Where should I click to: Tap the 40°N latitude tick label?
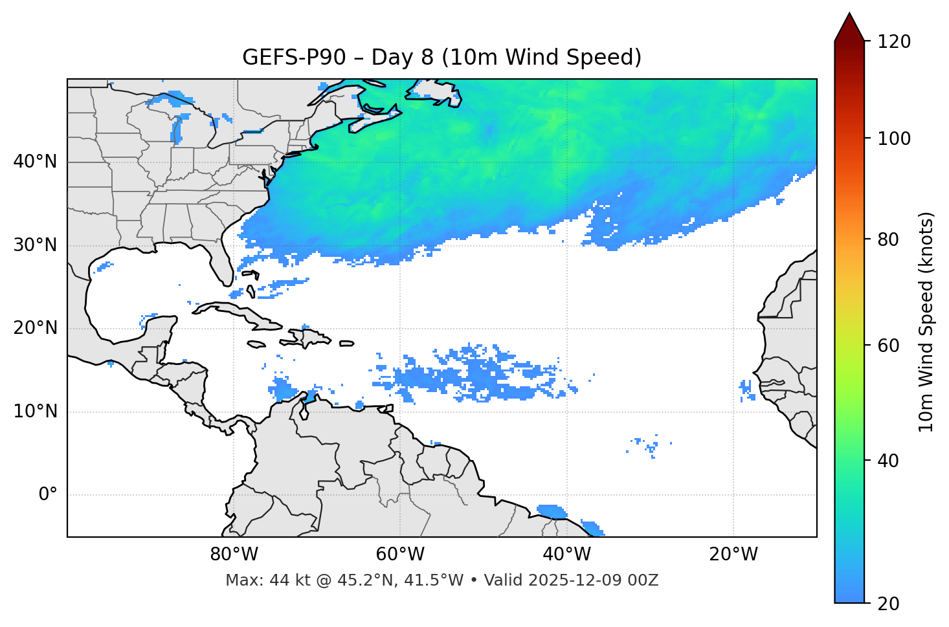coord(35,162)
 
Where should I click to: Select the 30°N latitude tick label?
coord(35,245)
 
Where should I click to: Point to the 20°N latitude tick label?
coord(35,328)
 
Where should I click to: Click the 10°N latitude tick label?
coord(35,412)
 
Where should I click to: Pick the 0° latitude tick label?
coord(48,495)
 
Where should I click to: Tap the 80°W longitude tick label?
coord(234,555)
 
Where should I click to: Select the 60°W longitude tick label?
coord(400,555)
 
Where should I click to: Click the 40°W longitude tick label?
coord(566,555)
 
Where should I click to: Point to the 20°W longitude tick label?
coord(733,555)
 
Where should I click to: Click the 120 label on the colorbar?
coord(894,42)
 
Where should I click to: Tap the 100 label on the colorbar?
coord(894,138)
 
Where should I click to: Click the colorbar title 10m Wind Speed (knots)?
coord(926,322)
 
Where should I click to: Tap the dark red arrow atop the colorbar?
coord(849,28)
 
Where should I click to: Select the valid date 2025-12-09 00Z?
coord(593,580)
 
